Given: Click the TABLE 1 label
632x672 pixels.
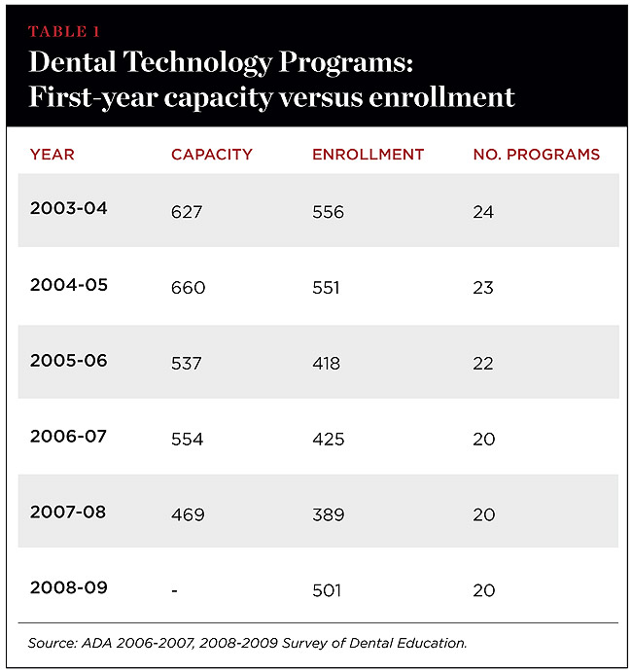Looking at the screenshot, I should [x=69, y=31].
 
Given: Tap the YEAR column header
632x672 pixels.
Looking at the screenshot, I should [x=52, y=154].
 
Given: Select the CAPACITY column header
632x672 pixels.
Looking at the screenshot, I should [x=211, y=154].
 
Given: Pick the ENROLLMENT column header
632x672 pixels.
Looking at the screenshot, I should [x=368, y=154].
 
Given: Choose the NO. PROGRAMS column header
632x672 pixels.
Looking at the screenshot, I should [x=536, y=154].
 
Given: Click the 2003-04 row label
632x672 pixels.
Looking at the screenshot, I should [x=69, y=209].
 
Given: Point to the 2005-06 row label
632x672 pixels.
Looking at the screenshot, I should [x=69, y=360].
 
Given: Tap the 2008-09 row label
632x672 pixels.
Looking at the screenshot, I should [x=69, y=587].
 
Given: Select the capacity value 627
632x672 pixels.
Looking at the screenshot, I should [x=187, y=212].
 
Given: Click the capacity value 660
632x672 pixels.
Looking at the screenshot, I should [x=188, y=288].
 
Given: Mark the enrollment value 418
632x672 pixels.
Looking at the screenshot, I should [x=327, y=364].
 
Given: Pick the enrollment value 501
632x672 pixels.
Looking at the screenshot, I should [x=328, y=590].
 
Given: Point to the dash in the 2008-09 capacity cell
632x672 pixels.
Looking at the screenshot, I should [x=175, y=590].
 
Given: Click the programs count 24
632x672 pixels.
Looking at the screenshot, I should [x=483, y=212].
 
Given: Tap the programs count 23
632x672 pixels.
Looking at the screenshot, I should [x=483, y=288].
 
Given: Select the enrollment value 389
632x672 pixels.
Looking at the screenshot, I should [x=328, y=514].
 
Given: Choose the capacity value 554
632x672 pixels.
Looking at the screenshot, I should [x=187, y=440].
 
